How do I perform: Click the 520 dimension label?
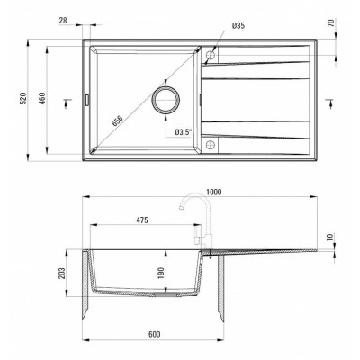(23, 98)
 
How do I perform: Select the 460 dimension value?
(42, 98)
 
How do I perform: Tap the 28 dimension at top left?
(63, 21)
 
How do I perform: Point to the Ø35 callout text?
(238, 26)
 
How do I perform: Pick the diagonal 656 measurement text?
(117, 121)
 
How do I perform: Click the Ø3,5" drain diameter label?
(184, 131)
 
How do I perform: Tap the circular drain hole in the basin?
(166, 100)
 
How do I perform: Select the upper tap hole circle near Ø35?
(211, 55)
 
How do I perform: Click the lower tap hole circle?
(211, 145)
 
